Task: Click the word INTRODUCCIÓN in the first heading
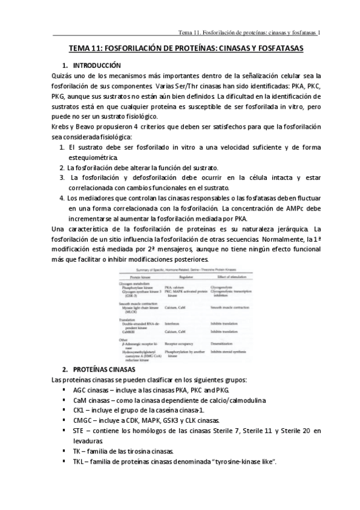pyautogui.click(x=96, y=65)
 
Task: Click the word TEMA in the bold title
pyautogui.click(x=81, y=48)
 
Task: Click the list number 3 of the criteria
pyautogui.click(x=63, y=177)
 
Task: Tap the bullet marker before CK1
pyautogui.click(x=64, y=410)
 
